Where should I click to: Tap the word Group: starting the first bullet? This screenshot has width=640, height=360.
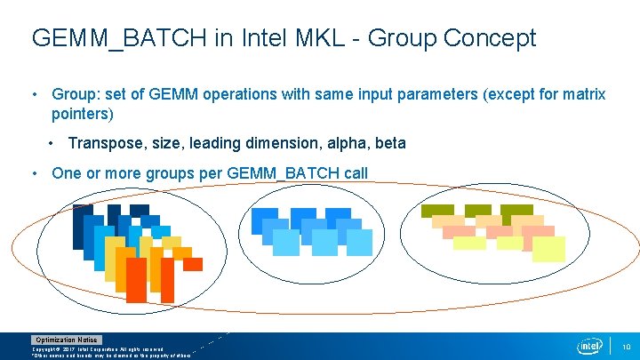(79, 94)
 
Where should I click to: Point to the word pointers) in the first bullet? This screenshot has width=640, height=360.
(83, 114)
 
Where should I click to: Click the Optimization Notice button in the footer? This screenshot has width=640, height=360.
(67, 340)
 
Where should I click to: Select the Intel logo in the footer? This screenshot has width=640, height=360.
(589, 346)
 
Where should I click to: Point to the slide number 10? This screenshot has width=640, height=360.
(625, 346)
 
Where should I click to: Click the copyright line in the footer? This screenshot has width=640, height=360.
(102, 348)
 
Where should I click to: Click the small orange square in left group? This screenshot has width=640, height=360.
(193, 264)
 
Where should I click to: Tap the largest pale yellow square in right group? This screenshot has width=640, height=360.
(548, 249)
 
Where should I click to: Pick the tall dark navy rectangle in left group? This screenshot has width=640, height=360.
(82, 228)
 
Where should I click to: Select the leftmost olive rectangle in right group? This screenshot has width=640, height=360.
(437, 211)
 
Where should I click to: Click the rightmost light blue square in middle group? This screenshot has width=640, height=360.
(358, 242)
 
